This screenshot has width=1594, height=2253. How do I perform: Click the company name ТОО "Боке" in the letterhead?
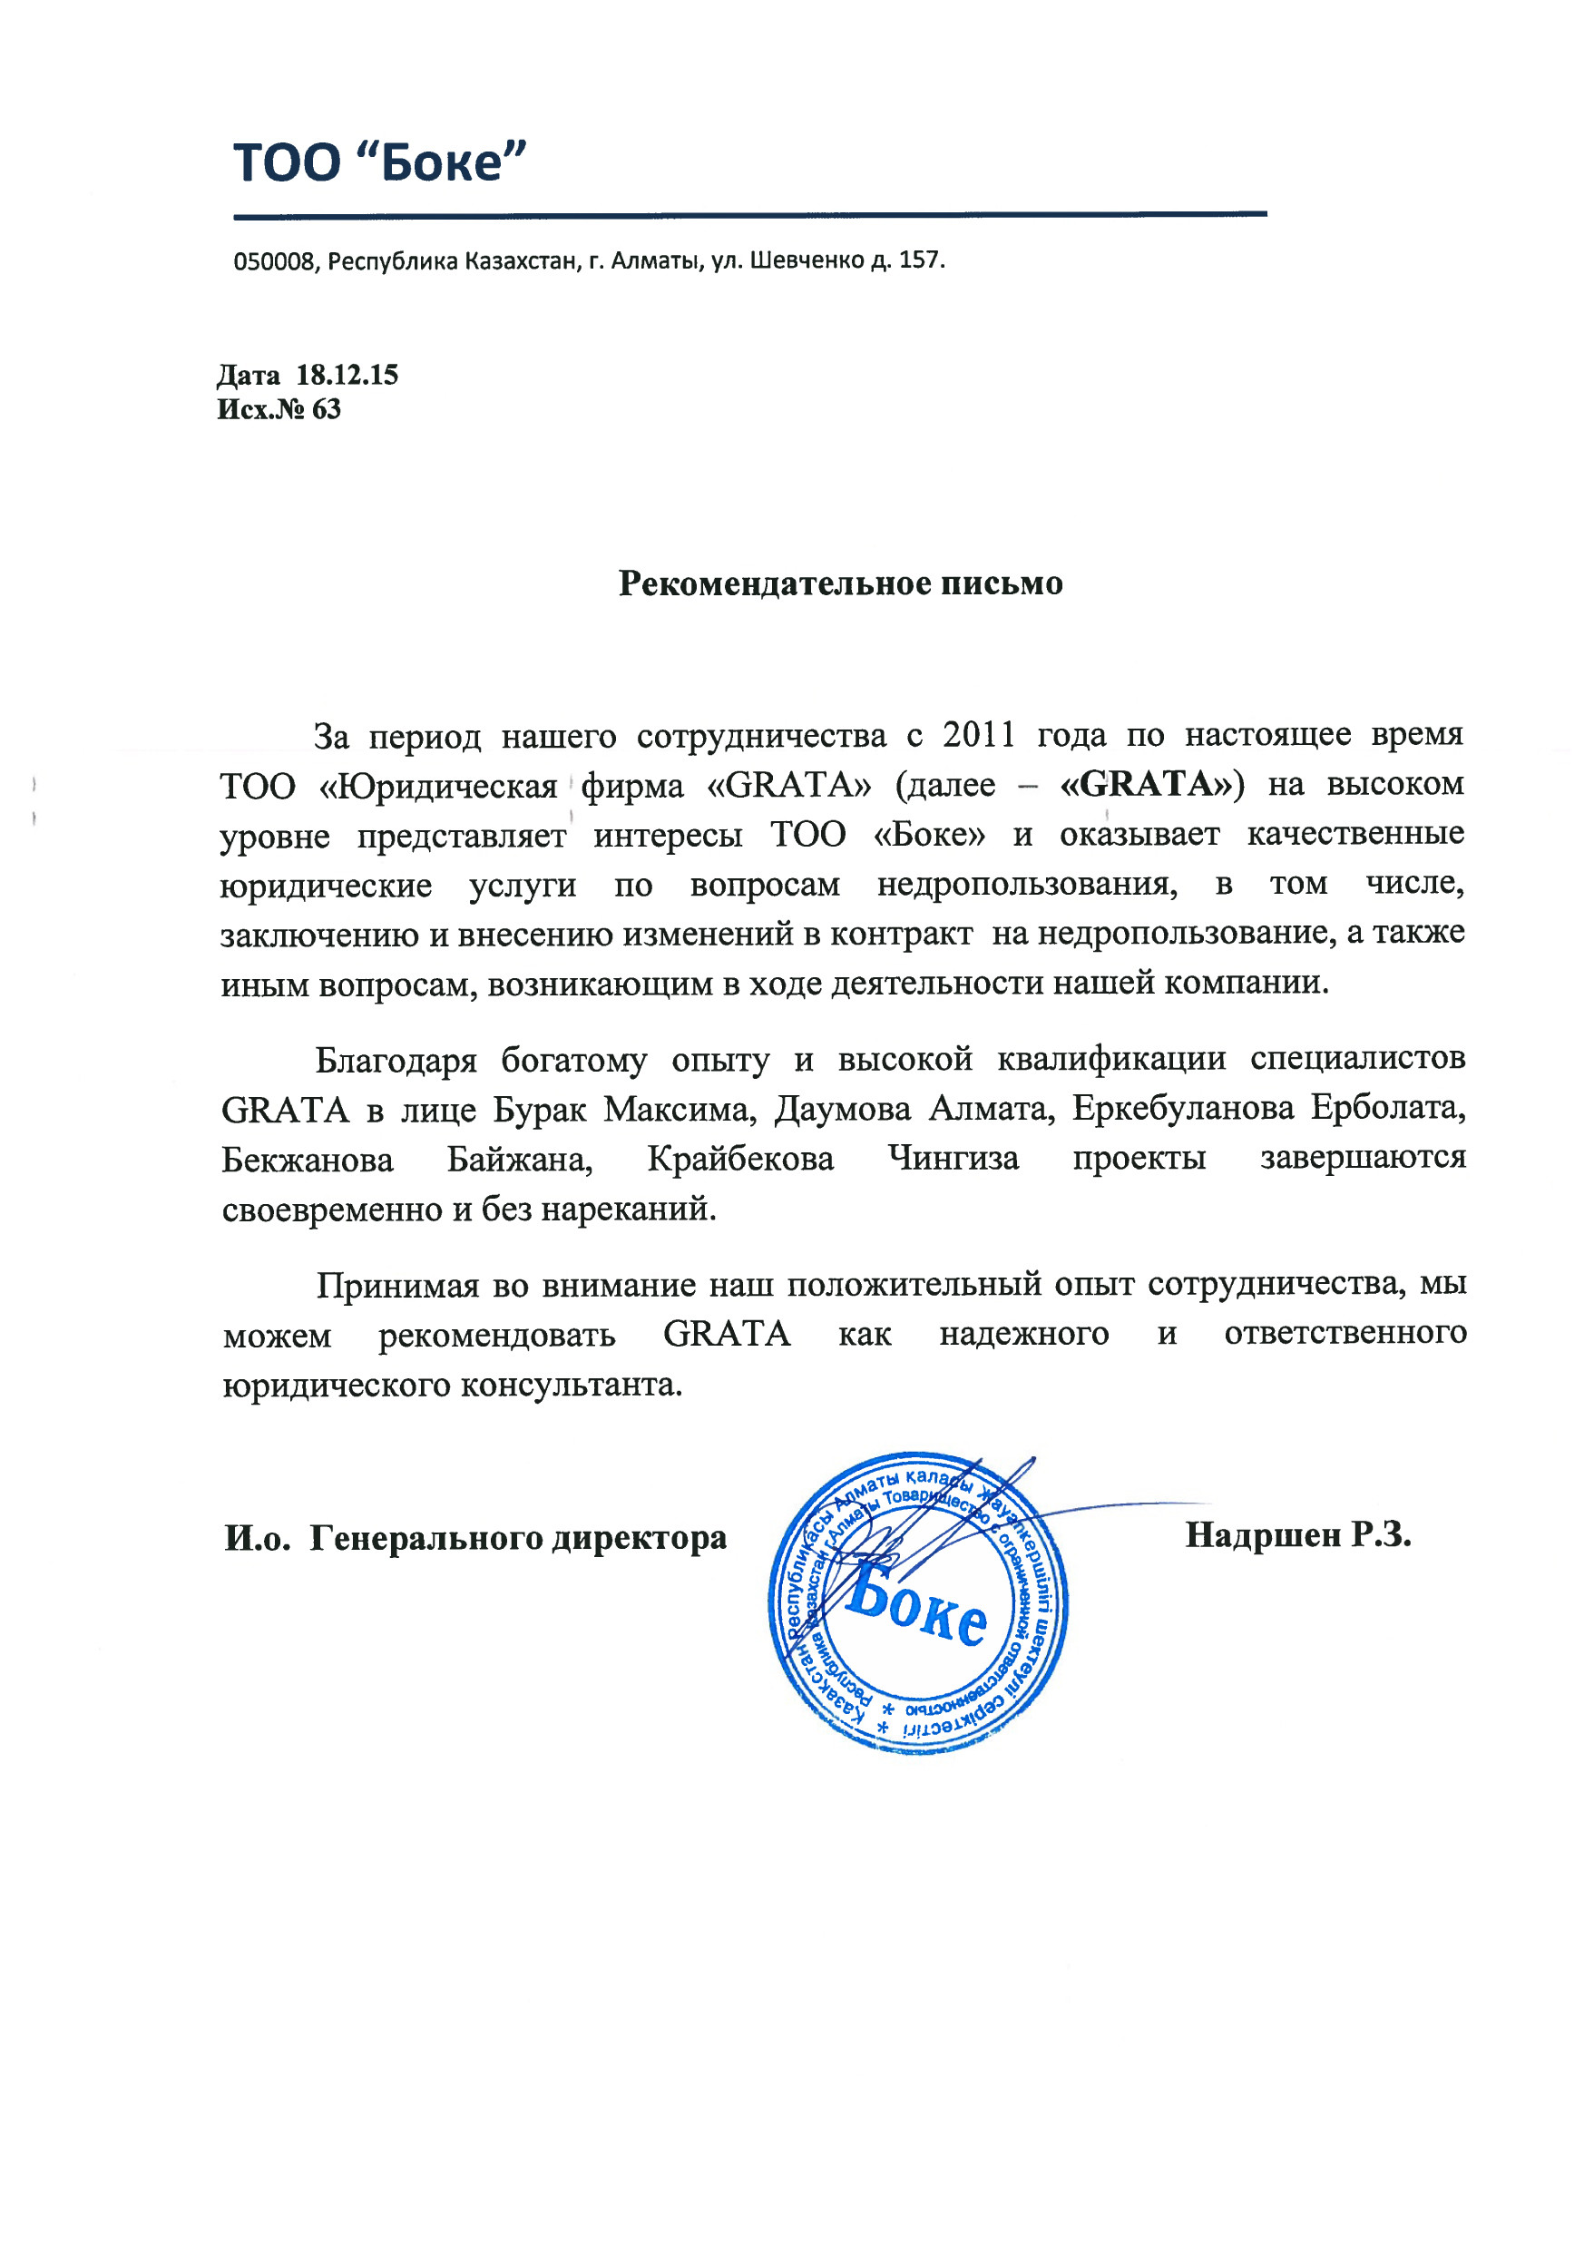pyautogui.click(x=380, y=162)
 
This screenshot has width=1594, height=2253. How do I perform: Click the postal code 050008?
pyautogui.click(x=274, y=262)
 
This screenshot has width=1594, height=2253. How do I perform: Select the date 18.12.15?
pyautogui.click(x=347, y=375)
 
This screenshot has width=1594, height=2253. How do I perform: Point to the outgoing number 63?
pyautogui.click(x=326, y=409)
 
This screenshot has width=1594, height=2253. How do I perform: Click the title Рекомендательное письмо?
pyautogui.click(x=840, y=584)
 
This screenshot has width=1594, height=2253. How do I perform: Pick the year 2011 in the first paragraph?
pyautogui.click(x=979, y=734)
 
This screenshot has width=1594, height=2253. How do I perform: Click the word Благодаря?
pyautogui.click(x=396, y=1059)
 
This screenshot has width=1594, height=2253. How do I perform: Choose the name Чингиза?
pyautogui.click(x=953, y=1159)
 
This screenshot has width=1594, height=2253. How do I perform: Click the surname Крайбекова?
pyautogui.click(x=740, y=1159)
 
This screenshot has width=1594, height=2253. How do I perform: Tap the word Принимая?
pyautogui.click(x=397, y=1285)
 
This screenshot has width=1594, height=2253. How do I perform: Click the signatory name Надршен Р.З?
pyautogui.click(x=1297, y=1535)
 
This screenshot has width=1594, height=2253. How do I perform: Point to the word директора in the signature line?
pyautogui.click(x=639, y=1538)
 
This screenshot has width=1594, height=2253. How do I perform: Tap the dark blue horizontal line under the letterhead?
pyautogui.click(x=750, y=214)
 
